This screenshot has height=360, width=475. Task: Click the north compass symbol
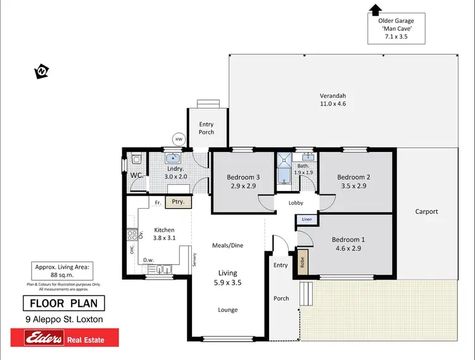pos(42,71)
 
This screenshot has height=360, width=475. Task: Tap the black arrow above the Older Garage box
pos(375,9)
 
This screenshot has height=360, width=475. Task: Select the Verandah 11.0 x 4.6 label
pos(332,99)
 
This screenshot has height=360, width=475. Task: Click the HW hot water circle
pos(179,140)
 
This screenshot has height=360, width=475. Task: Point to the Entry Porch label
pos(206,128)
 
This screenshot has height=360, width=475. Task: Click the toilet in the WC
pos(136,159)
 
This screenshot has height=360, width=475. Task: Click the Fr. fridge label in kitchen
pos(158,202)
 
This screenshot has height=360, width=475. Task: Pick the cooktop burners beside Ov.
pos(132,235)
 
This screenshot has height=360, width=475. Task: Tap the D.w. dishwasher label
pos(148,259)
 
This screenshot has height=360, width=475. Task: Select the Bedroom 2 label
pos(353,177)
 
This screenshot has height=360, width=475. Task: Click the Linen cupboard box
pos(307,220)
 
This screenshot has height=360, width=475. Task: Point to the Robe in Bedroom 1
pos(301,261)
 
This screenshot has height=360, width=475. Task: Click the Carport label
pos(426,211)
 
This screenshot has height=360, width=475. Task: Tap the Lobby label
pos(296,203)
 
